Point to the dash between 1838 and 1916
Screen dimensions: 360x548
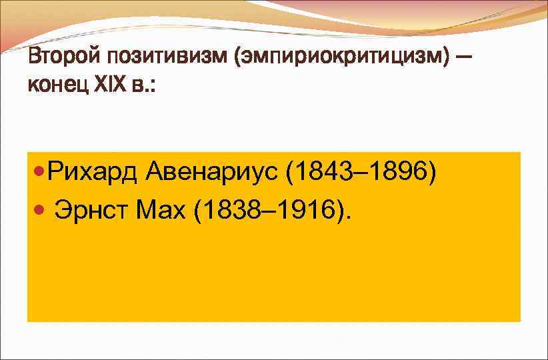269,212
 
